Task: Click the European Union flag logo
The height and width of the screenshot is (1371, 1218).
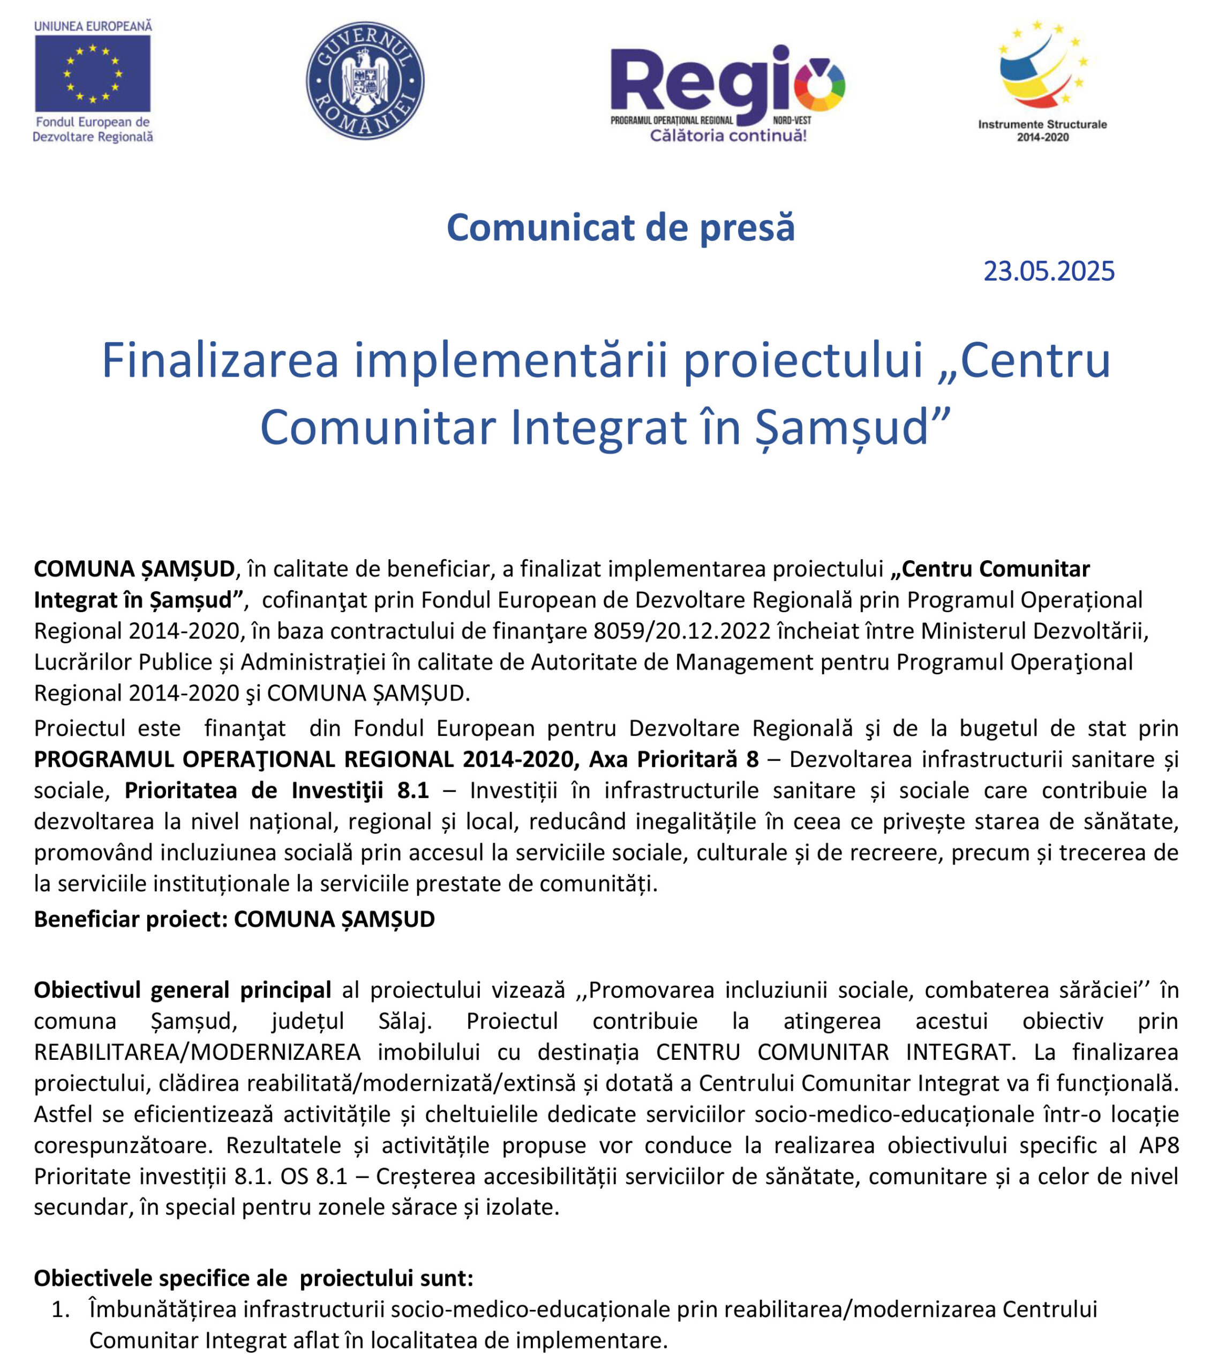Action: point(93,73)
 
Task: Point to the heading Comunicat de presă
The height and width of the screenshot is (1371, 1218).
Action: point(620,228)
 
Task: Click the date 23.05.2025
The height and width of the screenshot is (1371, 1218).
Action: point(1048,272)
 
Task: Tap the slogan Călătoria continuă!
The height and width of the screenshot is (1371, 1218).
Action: point(728,136)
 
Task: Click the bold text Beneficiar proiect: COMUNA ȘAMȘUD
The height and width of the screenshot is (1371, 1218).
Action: point(234,919)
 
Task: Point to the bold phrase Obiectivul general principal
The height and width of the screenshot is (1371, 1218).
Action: point(183,990)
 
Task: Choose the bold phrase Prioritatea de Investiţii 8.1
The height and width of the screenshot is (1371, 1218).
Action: point(276,791)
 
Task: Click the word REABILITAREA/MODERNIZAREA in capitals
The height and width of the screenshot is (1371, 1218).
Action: point(197,1052)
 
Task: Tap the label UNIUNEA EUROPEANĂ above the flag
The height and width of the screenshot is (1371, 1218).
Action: point(93,26)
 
